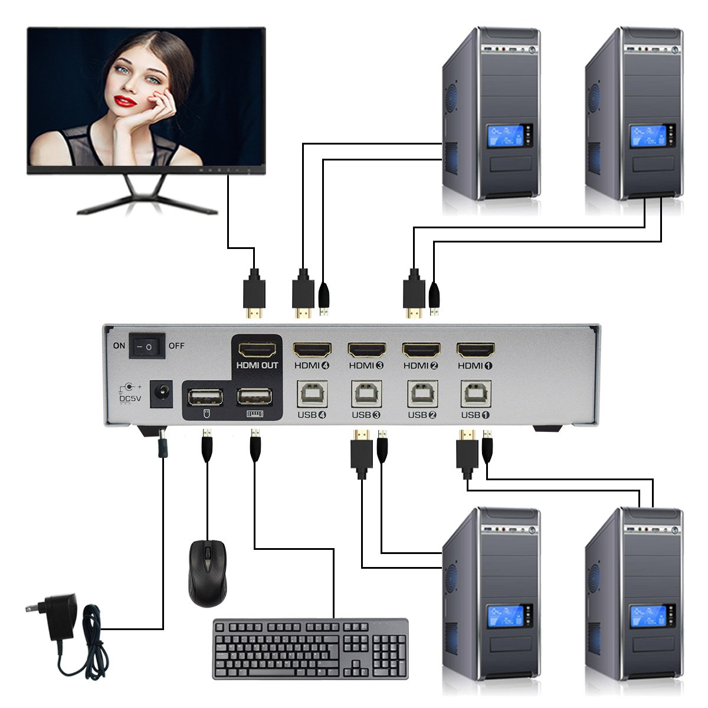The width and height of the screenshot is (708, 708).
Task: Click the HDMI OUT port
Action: [257, 350]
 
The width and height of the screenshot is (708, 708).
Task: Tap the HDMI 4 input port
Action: [313, 350]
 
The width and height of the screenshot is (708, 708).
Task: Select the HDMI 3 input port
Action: [366, 350]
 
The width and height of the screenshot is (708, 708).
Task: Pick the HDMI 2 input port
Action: [421, 350]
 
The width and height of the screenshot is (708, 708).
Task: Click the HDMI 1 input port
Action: [476, 350]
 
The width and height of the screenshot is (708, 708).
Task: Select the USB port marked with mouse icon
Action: [205, 397]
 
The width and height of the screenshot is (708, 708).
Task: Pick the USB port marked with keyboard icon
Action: [255, 396]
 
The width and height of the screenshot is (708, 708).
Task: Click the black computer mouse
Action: [207, 572]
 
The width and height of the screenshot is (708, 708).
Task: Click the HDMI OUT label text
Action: [257, 366]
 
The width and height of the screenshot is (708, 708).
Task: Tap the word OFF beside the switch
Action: [177, 346]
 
